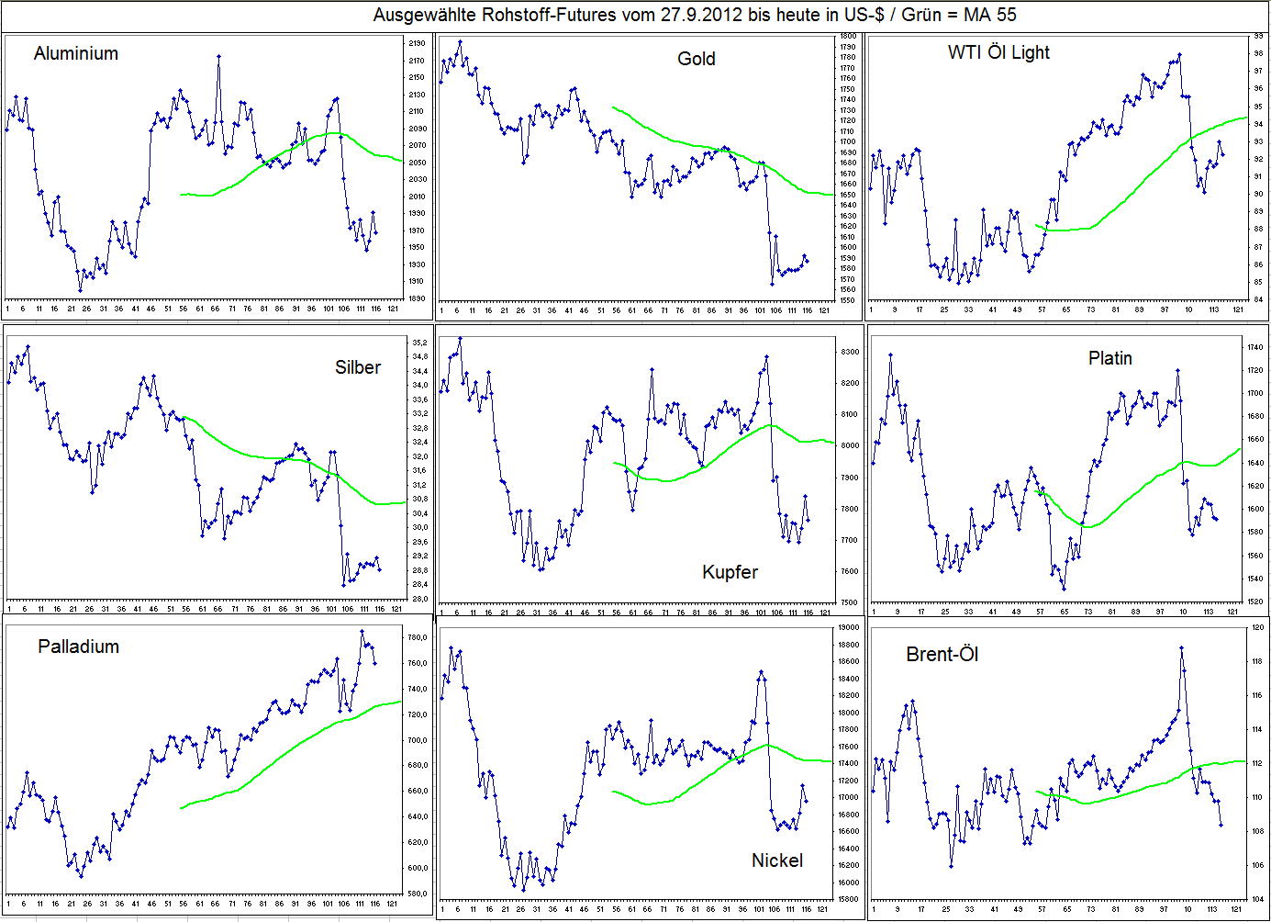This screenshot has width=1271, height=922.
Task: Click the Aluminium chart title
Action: coord(76,53)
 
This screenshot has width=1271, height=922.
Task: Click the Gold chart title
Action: coord(696,59)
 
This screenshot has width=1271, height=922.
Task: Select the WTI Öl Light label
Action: coord(998,52)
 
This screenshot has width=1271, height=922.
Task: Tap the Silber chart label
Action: coord(358,367)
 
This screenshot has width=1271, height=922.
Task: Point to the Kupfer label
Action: coord(730,572)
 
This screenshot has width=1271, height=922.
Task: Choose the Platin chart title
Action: coord(1109,358)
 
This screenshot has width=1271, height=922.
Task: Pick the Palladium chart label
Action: coord(79,647)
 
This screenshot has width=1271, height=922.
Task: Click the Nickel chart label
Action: coord(776,860)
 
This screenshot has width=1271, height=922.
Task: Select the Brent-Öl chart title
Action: coord(942,654)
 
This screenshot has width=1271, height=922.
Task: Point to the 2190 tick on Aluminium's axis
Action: coord(416,44)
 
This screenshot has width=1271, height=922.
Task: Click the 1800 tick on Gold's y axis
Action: coord(848,37)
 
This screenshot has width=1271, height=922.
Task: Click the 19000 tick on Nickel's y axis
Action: coord(849,627)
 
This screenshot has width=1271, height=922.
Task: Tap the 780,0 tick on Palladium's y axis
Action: coord(417,637)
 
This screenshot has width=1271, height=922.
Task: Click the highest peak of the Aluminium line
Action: coord(218,56)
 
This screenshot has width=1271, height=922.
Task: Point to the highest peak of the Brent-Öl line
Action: coord(1181,647)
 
